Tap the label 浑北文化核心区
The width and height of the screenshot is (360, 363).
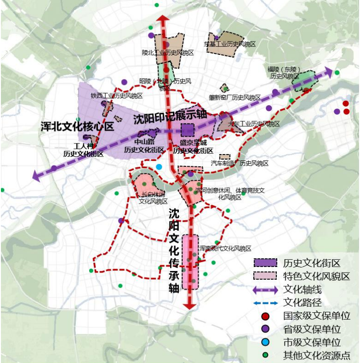point(77,127)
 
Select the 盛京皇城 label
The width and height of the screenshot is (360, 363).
point(193,143)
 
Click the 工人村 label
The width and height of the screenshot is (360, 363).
point(83,146)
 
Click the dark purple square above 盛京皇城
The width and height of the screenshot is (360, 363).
point(188,130)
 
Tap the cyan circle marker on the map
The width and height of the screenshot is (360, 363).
point(159,167)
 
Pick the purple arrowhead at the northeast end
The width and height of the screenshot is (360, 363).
point(328,72)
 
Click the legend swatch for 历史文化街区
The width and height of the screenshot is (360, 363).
point(266,263)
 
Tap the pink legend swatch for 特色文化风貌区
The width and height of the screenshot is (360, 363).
point(266,276)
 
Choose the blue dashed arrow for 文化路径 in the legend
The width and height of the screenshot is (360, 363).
point(266,303)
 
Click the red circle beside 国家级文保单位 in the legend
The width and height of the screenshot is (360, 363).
point(266,316)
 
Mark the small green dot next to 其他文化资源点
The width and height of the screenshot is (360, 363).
point(266,355)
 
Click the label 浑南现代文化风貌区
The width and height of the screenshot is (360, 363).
point(225,249)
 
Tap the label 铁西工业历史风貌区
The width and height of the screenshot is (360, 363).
point(117,96)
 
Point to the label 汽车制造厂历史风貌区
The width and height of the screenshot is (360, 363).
point(240,163)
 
